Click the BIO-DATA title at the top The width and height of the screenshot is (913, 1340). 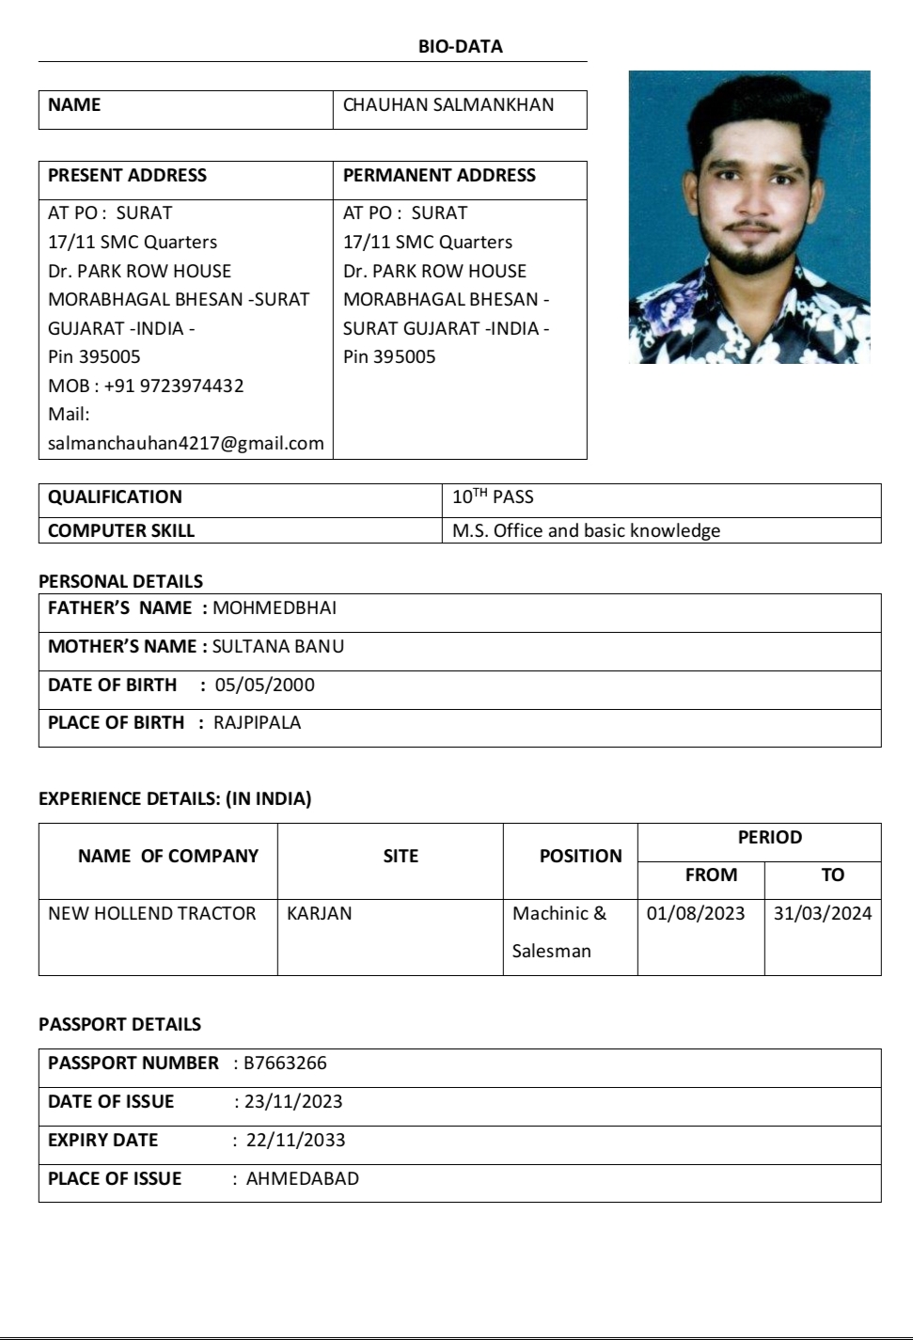coord(460,47)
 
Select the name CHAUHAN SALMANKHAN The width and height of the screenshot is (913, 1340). coord(449,105)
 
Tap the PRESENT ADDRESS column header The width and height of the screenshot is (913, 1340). coord(127,176)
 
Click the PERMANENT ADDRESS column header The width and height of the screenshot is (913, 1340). coord(439,176)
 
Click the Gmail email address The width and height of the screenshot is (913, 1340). coord(185,443)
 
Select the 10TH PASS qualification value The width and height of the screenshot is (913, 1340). coord(493,497)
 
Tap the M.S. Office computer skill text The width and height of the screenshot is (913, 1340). coord(586,530)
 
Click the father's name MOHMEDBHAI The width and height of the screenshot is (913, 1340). coord(275,607)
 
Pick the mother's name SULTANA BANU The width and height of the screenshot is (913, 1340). coord(278,646)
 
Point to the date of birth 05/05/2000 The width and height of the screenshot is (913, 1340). coord(265,685)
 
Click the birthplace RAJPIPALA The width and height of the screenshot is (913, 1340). coord(258,722)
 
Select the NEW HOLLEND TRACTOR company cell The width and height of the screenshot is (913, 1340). coord(152,913)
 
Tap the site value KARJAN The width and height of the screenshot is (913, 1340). coord(320,913)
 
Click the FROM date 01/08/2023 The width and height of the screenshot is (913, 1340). coord(696,913)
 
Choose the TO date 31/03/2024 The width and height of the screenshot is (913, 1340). coord(823,913)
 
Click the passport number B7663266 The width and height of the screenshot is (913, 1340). coord(285,1063)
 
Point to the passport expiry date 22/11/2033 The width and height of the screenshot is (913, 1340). coord(295,1140)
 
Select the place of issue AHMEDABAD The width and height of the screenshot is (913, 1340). coord(302,1178)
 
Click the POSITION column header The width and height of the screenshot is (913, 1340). coord(580,856)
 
